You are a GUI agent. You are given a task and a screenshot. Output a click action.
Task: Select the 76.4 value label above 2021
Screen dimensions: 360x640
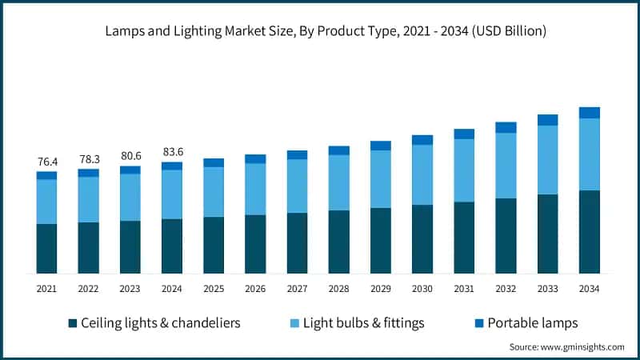46,162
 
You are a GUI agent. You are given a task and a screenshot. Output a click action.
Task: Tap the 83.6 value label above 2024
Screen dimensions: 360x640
172,152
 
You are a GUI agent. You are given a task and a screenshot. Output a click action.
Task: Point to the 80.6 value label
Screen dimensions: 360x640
130,157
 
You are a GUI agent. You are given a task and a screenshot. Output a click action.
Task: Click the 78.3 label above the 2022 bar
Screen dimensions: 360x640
88,159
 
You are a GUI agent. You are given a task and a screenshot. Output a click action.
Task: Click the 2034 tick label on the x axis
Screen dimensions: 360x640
590,288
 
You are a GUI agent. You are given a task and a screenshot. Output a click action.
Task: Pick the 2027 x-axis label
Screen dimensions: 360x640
297,288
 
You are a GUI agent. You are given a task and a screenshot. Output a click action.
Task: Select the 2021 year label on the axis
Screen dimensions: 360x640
46,288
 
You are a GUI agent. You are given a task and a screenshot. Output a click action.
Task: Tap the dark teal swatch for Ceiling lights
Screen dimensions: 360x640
73,323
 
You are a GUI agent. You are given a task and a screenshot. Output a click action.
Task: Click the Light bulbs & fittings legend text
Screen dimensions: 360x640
362,323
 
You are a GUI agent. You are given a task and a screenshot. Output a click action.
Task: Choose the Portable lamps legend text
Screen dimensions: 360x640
532,323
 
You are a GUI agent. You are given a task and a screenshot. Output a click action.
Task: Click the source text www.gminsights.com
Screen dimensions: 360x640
566,346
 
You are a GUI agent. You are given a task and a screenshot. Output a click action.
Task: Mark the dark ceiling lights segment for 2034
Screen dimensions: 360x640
590,232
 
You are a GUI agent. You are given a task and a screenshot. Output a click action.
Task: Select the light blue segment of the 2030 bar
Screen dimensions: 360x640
422,174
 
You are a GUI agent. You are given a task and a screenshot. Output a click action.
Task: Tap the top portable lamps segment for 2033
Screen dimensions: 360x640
548,120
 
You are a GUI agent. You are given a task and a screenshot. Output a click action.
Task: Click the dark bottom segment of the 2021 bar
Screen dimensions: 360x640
46,249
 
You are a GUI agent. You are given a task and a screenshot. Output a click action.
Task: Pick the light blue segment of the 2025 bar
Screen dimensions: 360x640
214,191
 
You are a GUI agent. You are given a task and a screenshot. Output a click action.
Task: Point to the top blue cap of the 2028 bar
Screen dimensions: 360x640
339,150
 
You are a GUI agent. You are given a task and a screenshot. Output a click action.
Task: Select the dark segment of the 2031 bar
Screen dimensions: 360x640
464,238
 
